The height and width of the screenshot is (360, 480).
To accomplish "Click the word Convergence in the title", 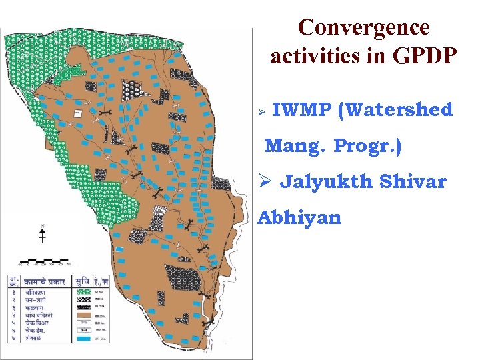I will [364, 28].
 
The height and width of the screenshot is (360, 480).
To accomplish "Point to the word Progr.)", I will [367, 145].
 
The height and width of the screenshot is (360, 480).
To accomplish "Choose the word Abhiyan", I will [299, 218].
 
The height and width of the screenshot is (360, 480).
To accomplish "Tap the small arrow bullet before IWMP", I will [262, 110].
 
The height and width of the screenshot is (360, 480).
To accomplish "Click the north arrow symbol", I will [43, 234].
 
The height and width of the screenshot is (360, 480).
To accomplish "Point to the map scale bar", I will [43, 260].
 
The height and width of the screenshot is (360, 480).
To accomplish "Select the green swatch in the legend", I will [84, 291].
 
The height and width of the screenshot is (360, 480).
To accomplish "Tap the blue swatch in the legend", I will [84, 339].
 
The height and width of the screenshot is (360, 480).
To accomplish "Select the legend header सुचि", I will [83, 281].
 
